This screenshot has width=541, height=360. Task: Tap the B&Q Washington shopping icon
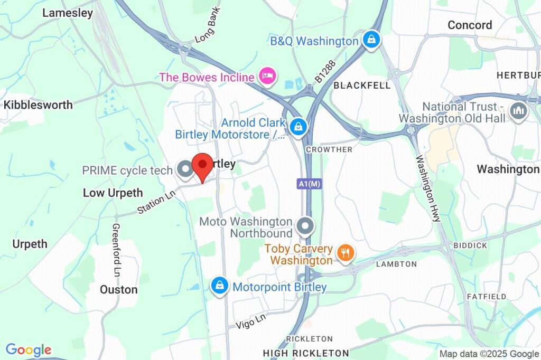[x=372, y=41]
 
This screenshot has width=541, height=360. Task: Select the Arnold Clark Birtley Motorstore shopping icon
[x=299, y=127]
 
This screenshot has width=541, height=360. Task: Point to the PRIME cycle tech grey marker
[x=185, y=170]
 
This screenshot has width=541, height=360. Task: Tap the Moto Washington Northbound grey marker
[x=304, y=227]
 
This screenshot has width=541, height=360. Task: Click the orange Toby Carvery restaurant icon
[x=346, y=253]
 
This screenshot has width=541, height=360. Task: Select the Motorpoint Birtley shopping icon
[x=219, y=287]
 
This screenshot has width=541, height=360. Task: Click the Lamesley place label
[x=68, y=13]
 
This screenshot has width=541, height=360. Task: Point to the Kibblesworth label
[x=38, y=105]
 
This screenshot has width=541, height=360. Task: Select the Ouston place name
[x=119, y=289]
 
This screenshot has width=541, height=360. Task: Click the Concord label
[x=470, y=25]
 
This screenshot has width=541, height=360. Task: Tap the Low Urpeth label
[x=113, y=193]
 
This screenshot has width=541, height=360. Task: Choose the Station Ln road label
[x=155, y=202]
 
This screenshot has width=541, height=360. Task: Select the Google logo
[x=29, y=349]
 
